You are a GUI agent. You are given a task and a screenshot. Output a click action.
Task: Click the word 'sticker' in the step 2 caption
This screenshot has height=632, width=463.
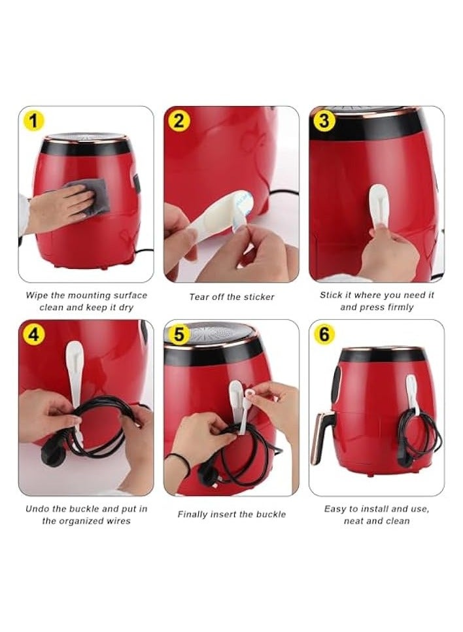pos(258,297)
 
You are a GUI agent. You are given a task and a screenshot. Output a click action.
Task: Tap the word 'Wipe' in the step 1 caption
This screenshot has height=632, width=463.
pos(37,295)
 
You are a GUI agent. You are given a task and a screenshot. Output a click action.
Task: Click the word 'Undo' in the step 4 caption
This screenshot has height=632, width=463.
pos(37,508)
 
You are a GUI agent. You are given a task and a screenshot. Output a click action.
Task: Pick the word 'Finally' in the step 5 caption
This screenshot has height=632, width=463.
pos(194,514)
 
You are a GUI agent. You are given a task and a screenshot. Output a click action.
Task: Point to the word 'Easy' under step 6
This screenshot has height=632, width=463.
pos(335,508)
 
